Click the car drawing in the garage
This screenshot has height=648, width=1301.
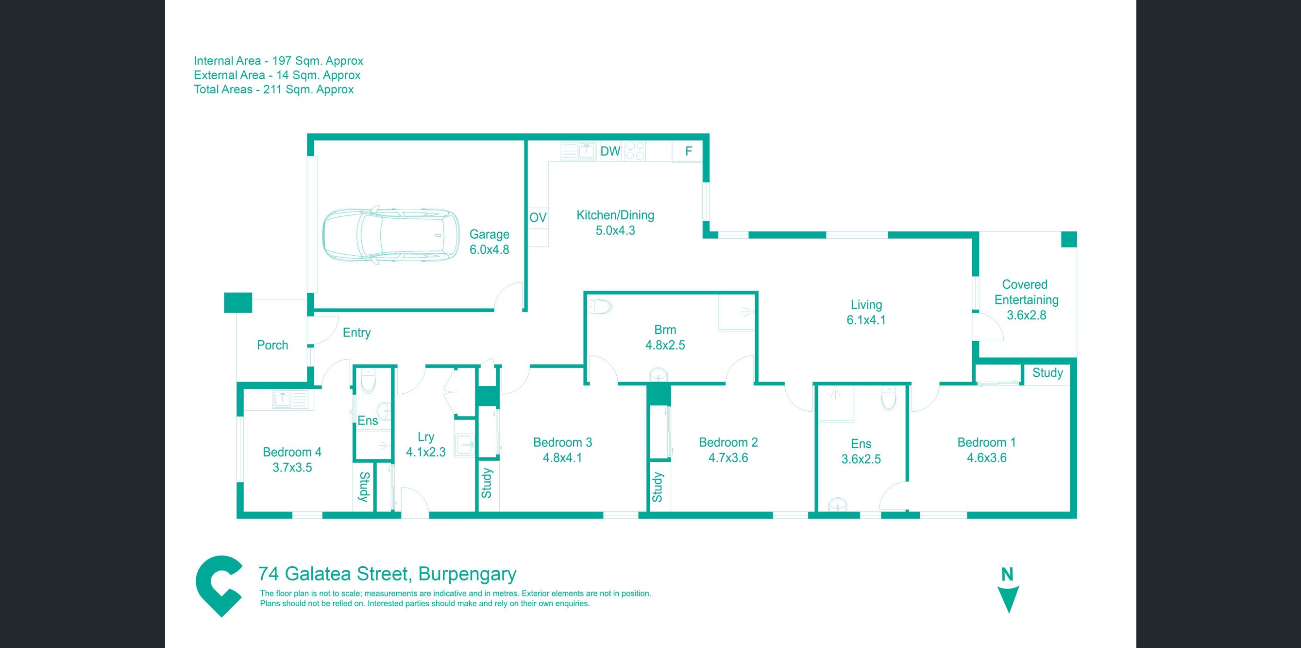pyautogui.click(x=391, y=237)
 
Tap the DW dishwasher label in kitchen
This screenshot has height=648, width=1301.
pyautogui.click(x=609, y=151)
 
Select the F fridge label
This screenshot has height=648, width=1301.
pyautogui.click(x=688, y=151)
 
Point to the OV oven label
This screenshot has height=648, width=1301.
pyautogui.click(x=538, y=217)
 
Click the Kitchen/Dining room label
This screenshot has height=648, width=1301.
pyautogui.click(x=615, y=215)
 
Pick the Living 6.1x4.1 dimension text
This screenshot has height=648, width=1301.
pyautogui.click(x=866, y=320)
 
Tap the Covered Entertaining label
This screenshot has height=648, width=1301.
pyautogui.click(x=1026, y=292)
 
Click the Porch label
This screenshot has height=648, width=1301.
pyautogui.click(x=272, y=345)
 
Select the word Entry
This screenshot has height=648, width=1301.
pyautogui.click(x=356, y=333)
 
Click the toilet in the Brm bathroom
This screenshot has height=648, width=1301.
pyautogui.click(x=600, y=306)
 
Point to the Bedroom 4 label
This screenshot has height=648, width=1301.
pyautogui.click(x=292, y=452)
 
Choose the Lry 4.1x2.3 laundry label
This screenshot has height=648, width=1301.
pyautogui.click(x=426, y=444)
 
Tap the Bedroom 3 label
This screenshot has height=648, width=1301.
pyautogui.click(x=562, y=442)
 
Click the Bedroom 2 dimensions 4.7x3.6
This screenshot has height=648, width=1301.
pyautogui.click(x=728, y=458)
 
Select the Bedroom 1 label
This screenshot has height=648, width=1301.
pyautogui.click(x=986, y=442)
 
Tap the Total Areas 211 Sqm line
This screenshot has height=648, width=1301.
pyautogui.click(x=273, y=89)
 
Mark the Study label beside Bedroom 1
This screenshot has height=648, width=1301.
pyautogui.click(x=1047, y=372)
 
